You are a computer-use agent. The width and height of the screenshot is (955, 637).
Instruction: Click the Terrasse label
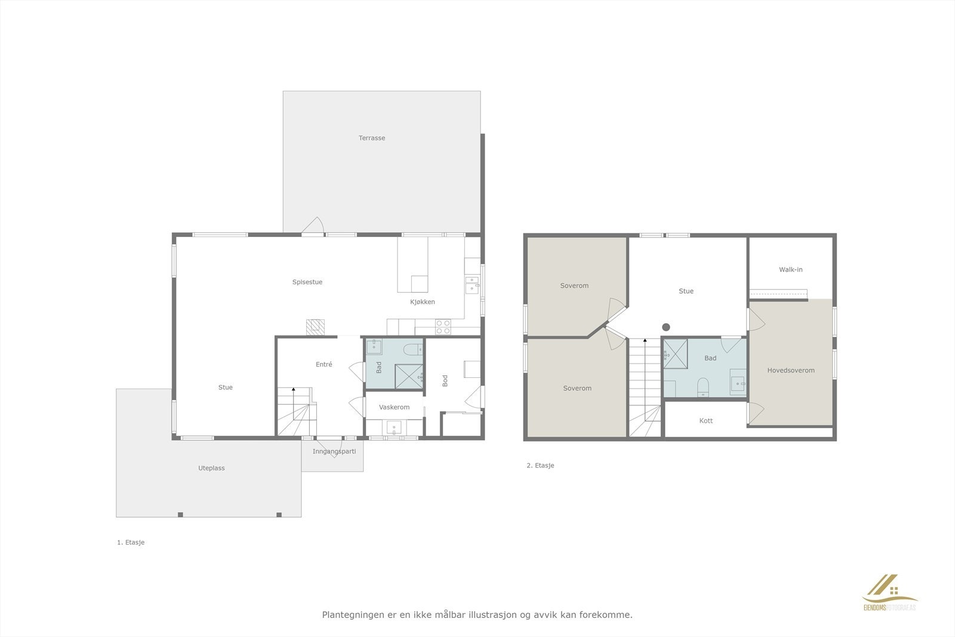coord(372,138)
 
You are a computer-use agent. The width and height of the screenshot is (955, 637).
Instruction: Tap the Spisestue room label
coord(307,282)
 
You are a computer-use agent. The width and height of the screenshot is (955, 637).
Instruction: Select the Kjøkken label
coord(423,301)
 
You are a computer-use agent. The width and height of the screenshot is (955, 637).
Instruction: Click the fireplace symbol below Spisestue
coord(315,327)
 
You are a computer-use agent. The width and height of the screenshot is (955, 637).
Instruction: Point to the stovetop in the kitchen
coord(443,327)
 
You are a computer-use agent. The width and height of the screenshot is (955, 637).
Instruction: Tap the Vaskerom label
coord(395,407)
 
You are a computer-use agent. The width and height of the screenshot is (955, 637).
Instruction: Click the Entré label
coord(324,364)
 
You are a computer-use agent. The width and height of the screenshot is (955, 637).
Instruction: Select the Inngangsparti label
coord(334,451)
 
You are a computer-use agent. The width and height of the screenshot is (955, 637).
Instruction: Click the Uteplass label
coord(212,468)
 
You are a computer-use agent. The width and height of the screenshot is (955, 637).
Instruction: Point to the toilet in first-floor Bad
coord(412,348)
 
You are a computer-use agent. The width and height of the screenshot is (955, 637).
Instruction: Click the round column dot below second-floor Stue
coord(666,327)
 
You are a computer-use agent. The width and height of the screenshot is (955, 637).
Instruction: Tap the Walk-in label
coord(791,269)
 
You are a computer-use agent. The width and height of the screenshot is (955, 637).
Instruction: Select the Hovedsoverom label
coord(791,370)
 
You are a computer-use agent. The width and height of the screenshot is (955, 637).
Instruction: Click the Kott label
coord(706,420)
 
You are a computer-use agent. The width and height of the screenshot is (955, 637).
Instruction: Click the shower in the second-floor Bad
coord(676,354)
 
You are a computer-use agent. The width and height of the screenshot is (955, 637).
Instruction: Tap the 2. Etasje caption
coord(540,466)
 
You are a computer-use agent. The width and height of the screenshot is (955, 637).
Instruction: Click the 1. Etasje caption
coord(131,543)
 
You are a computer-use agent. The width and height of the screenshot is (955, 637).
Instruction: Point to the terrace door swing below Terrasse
coord(313,226)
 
